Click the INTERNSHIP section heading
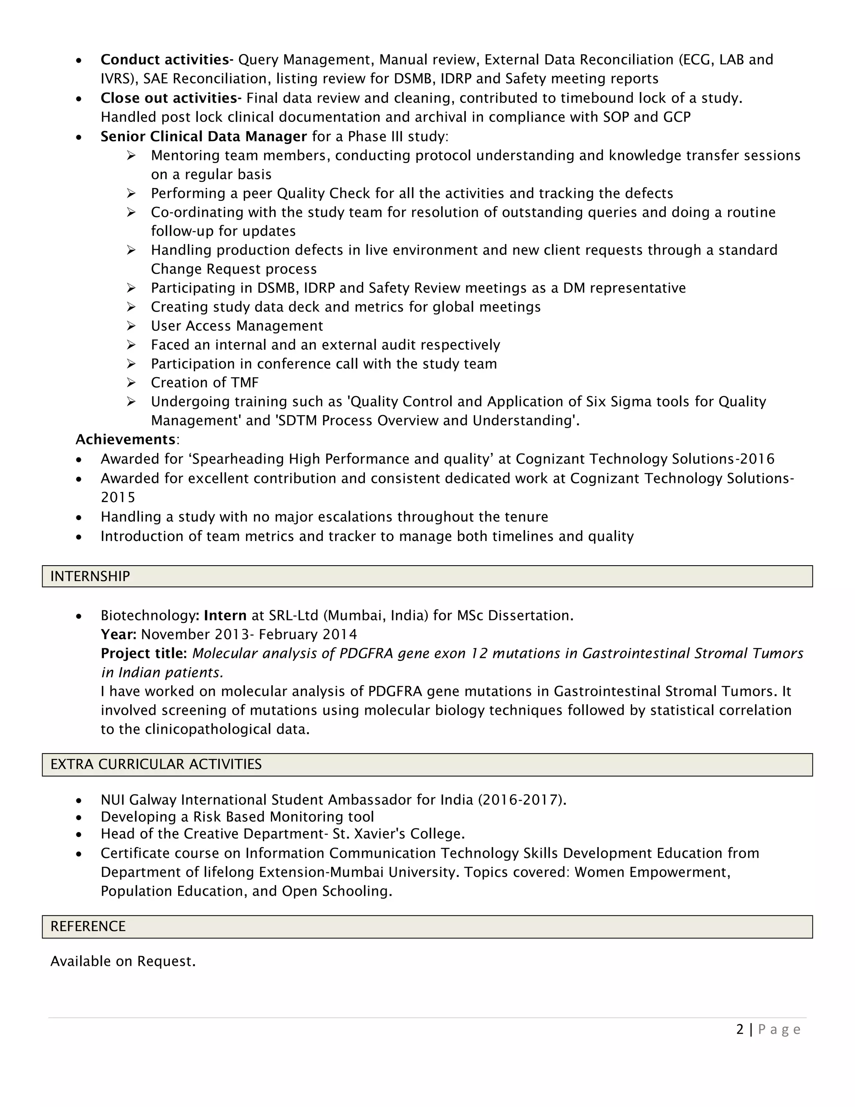(x=90, y=576)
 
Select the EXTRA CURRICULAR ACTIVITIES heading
(x=156, y=764)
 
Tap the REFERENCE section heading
(x=88, y=926)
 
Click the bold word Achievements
(x=125, y=439)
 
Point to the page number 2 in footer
(x=740, y=1029)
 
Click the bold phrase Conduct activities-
(x=167, y=60)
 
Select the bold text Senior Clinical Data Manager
(x=204, y=136)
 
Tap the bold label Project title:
(x=144, y=653)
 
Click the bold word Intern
(x=225, y=615)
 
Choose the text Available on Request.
(x=123, y=961)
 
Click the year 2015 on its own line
(x=118, y=497)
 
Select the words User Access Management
(x=237, y=326)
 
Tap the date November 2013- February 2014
(x=249, y=635)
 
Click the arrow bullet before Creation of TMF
(x=131, y=383)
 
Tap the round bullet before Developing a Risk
(x=78, y=818)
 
